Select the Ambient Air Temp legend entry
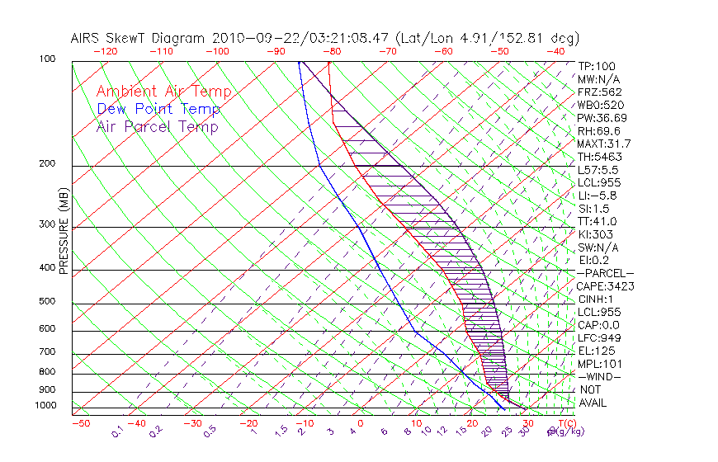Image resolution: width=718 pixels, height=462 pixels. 163,92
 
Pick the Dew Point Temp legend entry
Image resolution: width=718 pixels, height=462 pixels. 158,110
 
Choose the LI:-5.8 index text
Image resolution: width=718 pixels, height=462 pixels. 597,196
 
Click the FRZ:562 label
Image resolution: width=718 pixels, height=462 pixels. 599,92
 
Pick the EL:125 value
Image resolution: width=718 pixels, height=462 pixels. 596,351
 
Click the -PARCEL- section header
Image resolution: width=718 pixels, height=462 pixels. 605,273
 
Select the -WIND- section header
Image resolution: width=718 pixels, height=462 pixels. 599,376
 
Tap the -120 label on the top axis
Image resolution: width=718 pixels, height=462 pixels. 105,51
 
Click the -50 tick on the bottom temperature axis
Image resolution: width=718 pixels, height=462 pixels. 80,423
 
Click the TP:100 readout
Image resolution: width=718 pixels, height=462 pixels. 596,66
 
